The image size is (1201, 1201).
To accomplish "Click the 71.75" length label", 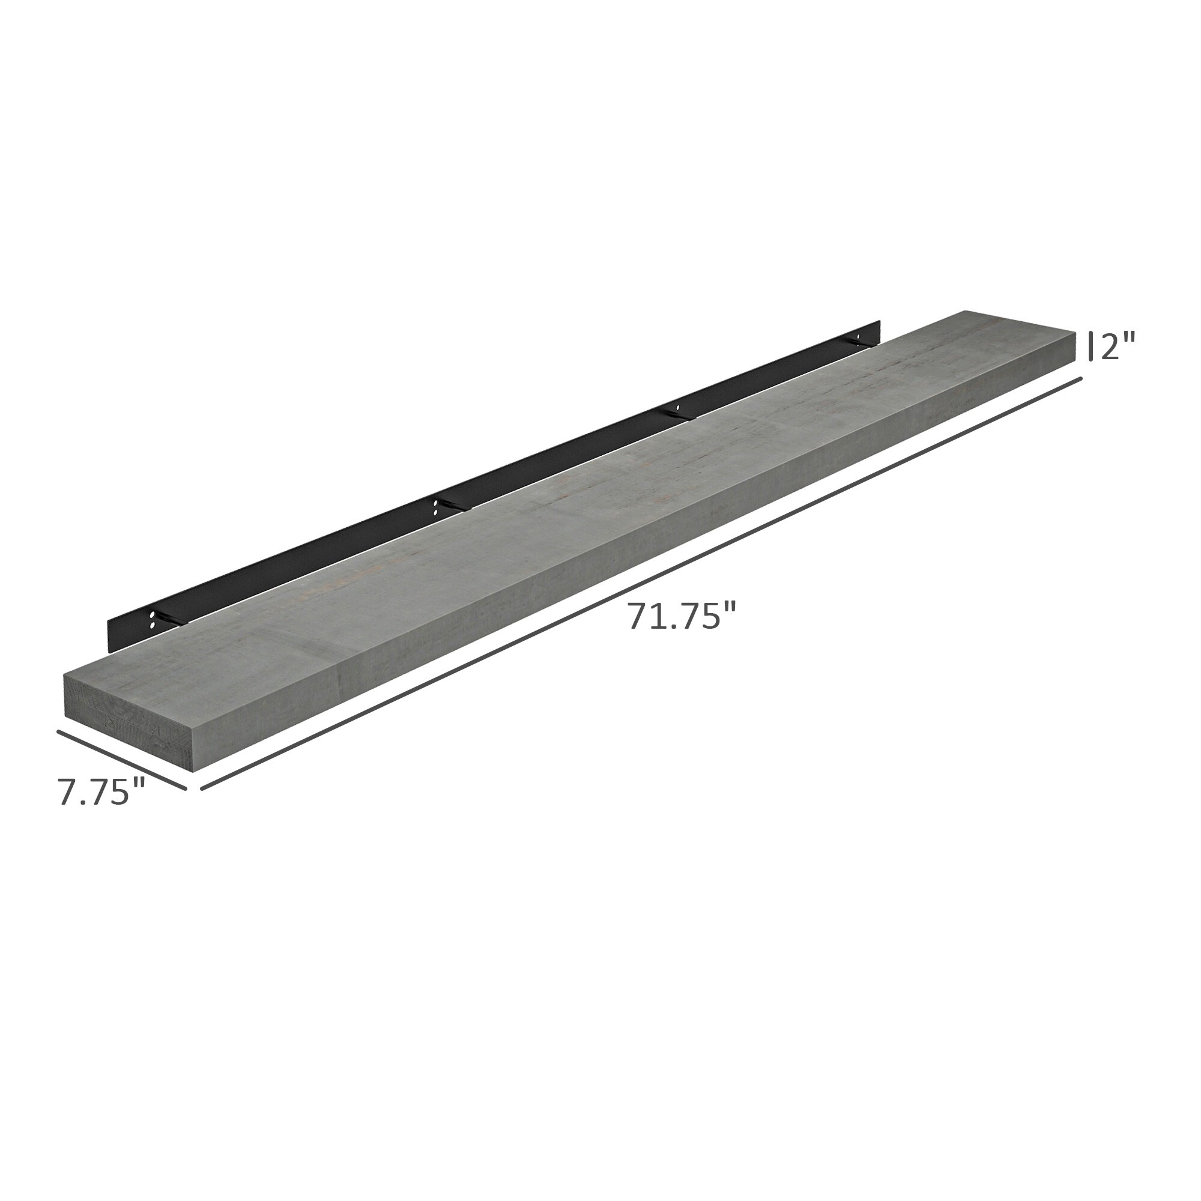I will click(682, 616).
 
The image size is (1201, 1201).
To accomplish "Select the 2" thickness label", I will click(1118, 346).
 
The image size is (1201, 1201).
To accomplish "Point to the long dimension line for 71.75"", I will click(640, 584).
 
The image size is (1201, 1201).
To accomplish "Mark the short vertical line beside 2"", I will click(1091, 346).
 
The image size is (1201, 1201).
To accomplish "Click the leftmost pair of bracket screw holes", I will click(152, 619).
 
